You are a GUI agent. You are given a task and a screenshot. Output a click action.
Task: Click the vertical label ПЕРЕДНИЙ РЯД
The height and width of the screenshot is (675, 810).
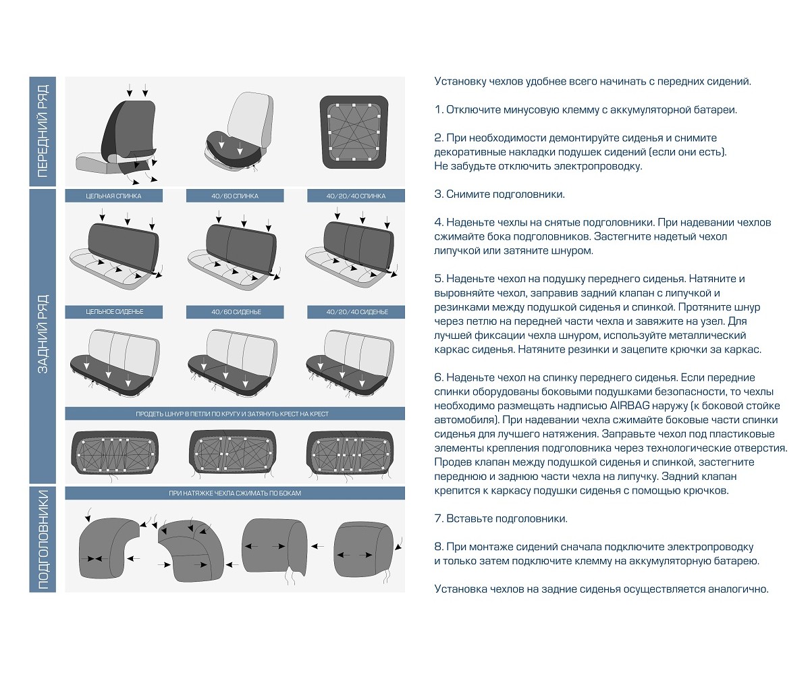click(x=43, y=131)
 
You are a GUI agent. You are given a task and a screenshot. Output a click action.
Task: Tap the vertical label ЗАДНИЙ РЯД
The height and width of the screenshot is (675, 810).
click(x=43, y=334)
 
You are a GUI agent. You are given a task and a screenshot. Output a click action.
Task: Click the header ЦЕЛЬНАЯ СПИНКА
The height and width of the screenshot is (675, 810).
click(x=113, y=196)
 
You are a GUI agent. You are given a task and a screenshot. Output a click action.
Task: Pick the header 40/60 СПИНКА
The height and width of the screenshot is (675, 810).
click(x=235, y=196)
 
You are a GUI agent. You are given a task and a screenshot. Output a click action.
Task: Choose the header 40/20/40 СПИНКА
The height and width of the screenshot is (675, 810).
click(x=356, y=196)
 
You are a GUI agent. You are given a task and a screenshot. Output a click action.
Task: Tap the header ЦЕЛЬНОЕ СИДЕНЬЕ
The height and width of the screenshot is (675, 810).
click(x=113, y=312)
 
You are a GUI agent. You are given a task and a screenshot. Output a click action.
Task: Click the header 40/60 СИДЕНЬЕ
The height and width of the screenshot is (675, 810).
click(x=235, y=312)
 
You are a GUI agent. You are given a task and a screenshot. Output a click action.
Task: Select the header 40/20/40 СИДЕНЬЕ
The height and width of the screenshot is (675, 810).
click(x=356, y=312)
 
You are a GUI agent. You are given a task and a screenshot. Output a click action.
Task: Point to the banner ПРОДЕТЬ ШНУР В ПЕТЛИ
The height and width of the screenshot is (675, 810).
click(x=235, y=414)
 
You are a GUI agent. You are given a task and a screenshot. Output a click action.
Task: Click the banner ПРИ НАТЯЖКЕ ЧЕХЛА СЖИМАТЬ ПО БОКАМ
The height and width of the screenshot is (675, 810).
click(x=235, y=493)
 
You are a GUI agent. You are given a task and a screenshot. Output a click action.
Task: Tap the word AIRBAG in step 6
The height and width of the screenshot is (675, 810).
click(x=628, y=406)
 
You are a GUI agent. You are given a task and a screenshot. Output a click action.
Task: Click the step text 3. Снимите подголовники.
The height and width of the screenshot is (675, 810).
click(x=500, y=194)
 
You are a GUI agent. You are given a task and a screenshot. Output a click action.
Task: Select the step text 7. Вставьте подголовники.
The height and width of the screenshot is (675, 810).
click(x=501, y=519)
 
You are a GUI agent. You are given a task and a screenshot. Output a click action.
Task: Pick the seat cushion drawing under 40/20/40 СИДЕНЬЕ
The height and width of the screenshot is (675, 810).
click(x=351, y=368)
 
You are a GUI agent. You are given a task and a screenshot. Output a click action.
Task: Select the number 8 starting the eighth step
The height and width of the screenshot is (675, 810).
click(x=438, y=547)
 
